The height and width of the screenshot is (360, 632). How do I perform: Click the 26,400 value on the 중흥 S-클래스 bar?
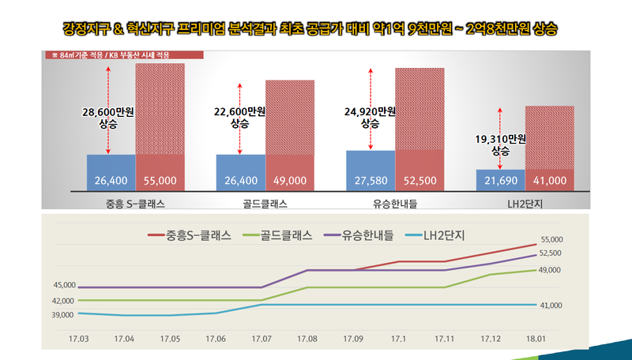(x=111, y=181)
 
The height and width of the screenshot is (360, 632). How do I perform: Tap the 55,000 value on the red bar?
(x=160, y=181)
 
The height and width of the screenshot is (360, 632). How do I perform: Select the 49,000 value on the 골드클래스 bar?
(x=290, y=181)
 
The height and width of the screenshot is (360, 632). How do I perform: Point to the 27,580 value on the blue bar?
(x=370, y=181)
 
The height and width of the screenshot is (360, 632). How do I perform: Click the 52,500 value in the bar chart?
(x=419, y=181)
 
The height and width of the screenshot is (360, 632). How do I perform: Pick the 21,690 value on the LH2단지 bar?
(x=500, y=181)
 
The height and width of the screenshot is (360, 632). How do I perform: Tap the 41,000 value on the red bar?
(x=550, y=181)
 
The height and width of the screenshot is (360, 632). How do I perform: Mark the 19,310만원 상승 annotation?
(x=501, y=144)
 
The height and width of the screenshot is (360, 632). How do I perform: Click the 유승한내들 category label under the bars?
(x=395, y=204)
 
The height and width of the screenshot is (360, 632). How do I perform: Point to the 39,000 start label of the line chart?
(x=64, y=315)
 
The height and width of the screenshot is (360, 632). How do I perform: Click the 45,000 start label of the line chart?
(x=64, y=285)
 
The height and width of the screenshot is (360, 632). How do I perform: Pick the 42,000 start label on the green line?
(x=64, y=301)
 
